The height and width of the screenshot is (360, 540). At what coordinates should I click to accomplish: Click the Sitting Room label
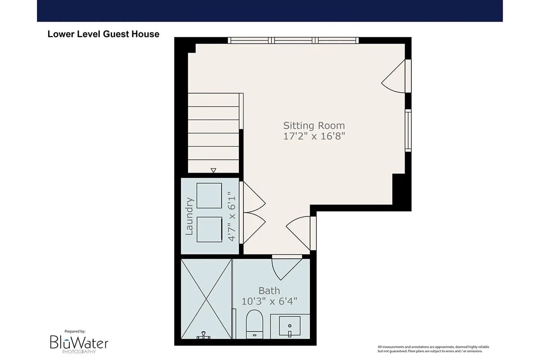coord(314,126)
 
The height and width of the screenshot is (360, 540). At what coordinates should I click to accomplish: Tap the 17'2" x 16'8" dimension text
coord(314,136)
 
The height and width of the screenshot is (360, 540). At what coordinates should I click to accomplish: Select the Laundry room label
coord(189,216)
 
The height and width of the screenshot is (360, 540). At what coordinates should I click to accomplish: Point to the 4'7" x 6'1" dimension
coord(232,216)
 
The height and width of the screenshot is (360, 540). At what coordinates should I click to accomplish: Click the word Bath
coord(269,291)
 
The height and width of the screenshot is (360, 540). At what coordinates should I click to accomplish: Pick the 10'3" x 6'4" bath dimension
coord(269,301)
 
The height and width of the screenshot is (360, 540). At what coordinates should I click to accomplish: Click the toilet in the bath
coord(254,324)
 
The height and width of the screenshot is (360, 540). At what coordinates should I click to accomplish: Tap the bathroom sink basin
coord(289,326)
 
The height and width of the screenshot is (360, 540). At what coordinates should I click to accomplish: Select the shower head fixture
coord(204,335)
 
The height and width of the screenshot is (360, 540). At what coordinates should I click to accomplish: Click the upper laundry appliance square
coord(209,196)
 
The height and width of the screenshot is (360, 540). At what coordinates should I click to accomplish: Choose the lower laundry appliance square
coord(209,229)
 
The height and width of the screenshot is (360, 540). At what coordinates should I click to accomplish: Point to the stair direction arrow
coord(213,171)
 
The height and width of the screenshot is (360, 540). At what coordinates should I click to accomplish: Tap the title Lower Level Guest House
coord(103,34)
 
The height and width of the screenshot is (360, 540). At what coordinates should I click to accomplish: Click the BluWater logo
coord(79,344)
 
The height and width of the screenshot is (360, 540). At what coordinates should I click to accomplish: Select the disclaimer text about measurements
coord(433,349)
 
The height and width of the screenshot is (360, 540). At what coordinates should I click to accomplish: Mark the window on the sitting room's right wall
coord(408,130)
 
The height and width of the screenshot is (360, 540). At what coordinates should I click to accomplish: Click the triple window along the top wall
coord(293,40)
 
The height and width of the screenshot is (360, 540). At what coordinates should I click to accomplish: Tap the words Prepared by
coord(75,332)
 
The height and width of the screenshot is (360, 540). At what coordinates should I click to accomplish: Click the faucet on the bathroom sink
coord(290,333)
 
